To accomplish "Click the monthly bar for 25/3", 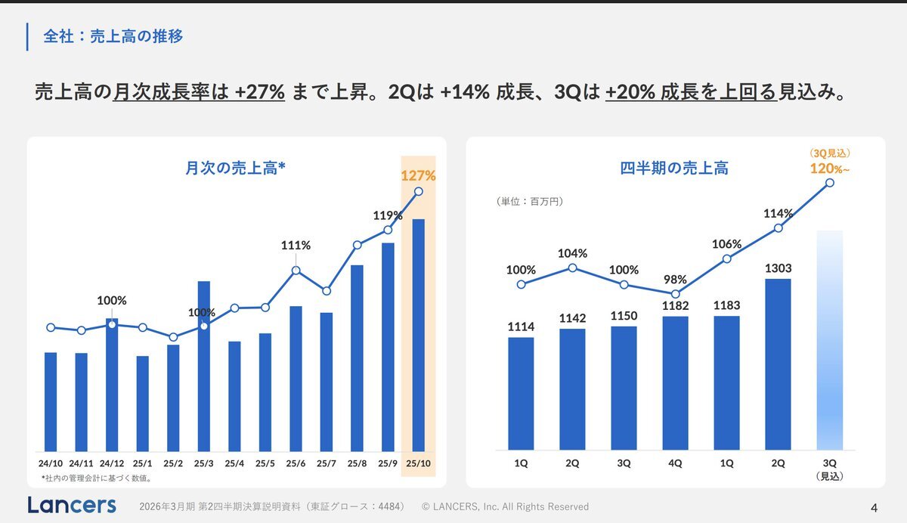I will pyautogui.click(x=203, y=366).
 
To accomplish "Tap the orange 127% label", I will pyautogui.click(x=418, y=176).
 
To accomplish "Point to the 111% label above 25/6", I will pyautogui.click(x=296, y=245).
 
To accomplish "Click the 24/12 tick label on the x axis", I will pyautogui.click(x=112, y=463).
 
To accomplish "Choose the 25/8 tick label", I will pyautogui.click(x=357, y=463).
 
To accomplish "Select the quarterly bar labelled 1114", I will pyautogui.click(x=521, y=393).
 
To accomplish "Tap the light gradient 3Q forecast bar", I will pyautogui.click(x=830, y=340).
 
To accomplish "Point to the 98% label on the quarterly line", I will pyautogui.click(x=675, y=280).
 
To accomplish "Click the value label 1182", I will pyautogui.click(x=675, y=305).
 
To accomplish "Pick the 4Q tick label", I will pyautogui.click(x=675, y=463).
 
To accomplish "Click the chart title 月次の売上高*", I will pyautogui.click(x=235, y=168).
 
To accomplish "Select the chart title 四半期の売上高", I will pyautogui.click(x=674, y=168).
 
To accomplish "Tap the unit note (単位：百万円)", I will pyautogui.click(x=530, y=202).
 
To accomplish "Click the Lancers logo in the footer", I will pyautogui.click(x=72, y=505).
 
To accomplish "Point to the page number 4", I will pyautogui.click(x=874, y=506).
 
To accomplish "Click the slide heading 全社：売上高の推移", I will pyautogui.click(x=113, y=36).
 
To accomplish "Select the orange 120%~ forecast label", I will pyautogui.click(x=829, y=168).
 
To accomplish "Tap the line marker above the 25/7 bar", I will pyautogui.click(x=326, y=291).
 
